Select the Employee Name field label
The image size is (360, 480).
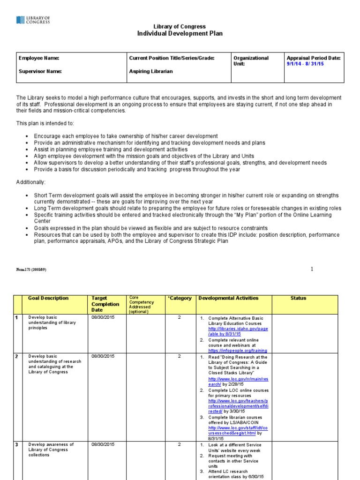click(x=39, y=58)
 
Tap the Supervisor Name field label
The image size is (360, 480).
click(x=40, y=71)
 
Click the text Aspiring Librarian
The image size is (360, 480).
click(x=151, y=71)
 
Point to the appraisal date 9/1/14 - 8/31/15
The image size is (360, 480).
click(x=305, y=64)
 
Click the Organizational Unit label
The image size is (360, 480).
click(x=251, y=61)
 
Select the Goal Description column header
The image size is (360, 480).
click(x=48, y=298)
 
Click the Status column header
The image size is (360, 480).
click(x=298, y=298)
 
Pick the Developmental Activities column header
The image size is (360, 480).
click(x=228, y=298)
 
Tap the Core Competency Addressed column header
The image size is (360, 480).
click(x=141, y=305)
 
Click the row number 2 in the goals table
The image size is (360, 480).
click(x=16, y=356)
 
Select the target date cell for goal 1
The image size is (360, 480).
click(x=103, y=318)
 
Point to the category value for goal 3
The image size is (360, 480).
click(x=179, y=444)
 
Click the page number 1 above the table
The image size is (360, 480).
click(x=311, y=269)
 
